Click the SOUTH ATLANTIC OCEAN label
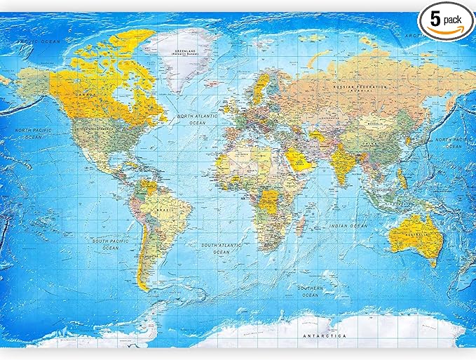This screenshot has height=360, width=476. pos(221,248)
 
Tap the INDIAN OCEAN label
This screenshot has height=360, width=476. pos(348,226)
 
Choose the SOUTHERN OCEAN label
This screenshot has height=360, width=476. pos(309,291)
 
